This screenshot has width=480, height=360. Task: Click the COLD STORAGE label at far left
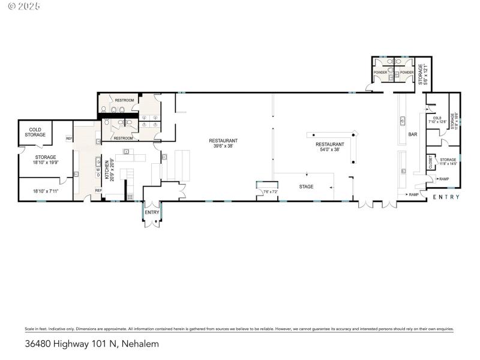tap(35, 132)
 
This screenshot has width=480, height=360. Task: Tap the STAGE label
tap(307, 187)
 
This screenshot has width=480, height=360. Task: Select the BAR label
tap(413, 134)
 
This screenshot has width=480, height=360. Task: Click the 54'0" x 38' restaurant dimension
tap(330, 149)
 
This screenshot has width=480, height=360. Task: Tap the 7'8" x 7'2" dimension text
tap(271, 192)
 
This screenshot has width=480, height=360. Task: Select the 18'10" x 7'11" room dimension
tap(45, 190)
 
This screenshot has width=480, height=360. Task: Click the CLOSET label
tap(430, 161)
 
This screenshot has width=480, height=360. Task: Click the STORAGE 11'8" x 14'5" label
tap(448, 161)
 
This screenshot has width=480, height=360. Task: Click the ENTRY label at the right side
tap(446, 197)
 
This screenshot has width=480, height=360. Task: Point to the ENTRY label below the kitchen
tap(152, 212)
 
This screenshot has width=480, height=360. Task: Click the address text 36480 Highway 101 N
tap(71, 344)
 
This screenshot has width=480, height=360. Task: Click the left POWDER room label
tap(380, 72)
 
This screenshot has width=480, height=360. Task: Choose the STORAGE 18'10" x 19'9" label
tap(45, 159)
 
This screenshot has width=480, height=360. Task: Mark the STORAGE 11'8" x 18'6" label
tap(455, 121)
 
